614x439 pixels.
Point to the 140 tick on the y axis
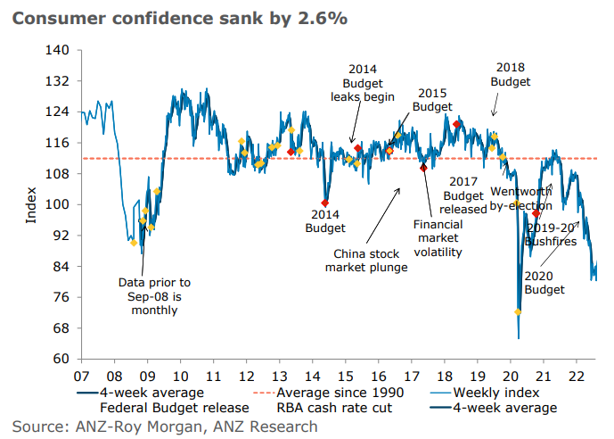click(61, 50)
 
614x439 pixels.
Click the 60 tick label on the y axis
click(61, 359)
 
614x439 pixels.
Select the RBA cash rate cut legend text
click(334, 408)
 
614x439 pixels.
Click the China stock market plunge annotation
click(366, 260)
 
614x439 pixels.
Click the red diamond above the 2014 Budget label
click(325, 203)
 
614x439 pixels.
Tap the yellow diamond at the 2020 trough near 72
click(518, 311)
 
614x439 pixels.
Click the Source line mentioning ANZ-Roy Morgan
click(165, 427)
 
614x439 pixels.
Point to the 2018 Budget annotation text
click(511, 74)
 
